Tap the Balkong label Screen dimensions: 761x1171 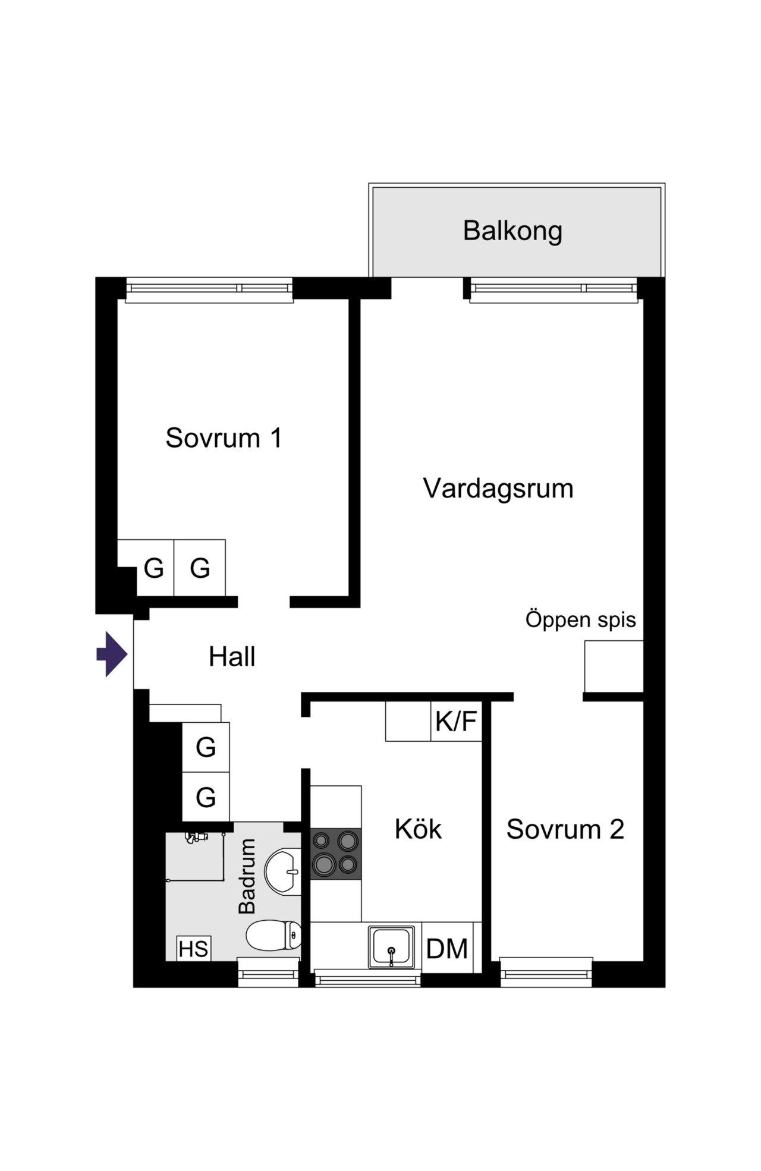512,231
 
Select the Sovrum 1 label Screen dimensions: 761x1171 224,438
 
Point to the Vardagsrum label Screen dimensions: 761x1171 498,489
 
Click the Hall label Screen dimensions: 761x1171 232,657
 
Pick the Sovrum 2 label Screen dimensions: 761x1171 565,829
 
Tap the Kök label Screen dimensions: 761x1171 418,829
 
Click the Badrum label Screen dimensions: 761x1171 247,876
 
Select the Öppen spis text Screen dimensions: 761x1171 581,619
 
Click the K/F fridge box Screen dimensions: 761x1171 456,721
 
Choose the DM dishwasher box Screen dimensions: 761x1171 448,947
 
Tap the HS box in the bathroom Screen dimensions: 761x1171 194,949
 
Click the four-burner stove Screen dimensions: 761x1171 336,854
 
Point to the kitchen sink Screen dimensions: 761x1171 391,947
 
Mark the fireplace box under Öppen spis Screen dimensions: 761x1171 614,666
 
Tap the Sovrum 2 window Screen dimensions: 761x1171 546,972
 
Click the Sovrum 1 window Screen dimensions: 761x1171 209,289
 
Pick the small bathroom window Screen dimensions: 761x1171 268,972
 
